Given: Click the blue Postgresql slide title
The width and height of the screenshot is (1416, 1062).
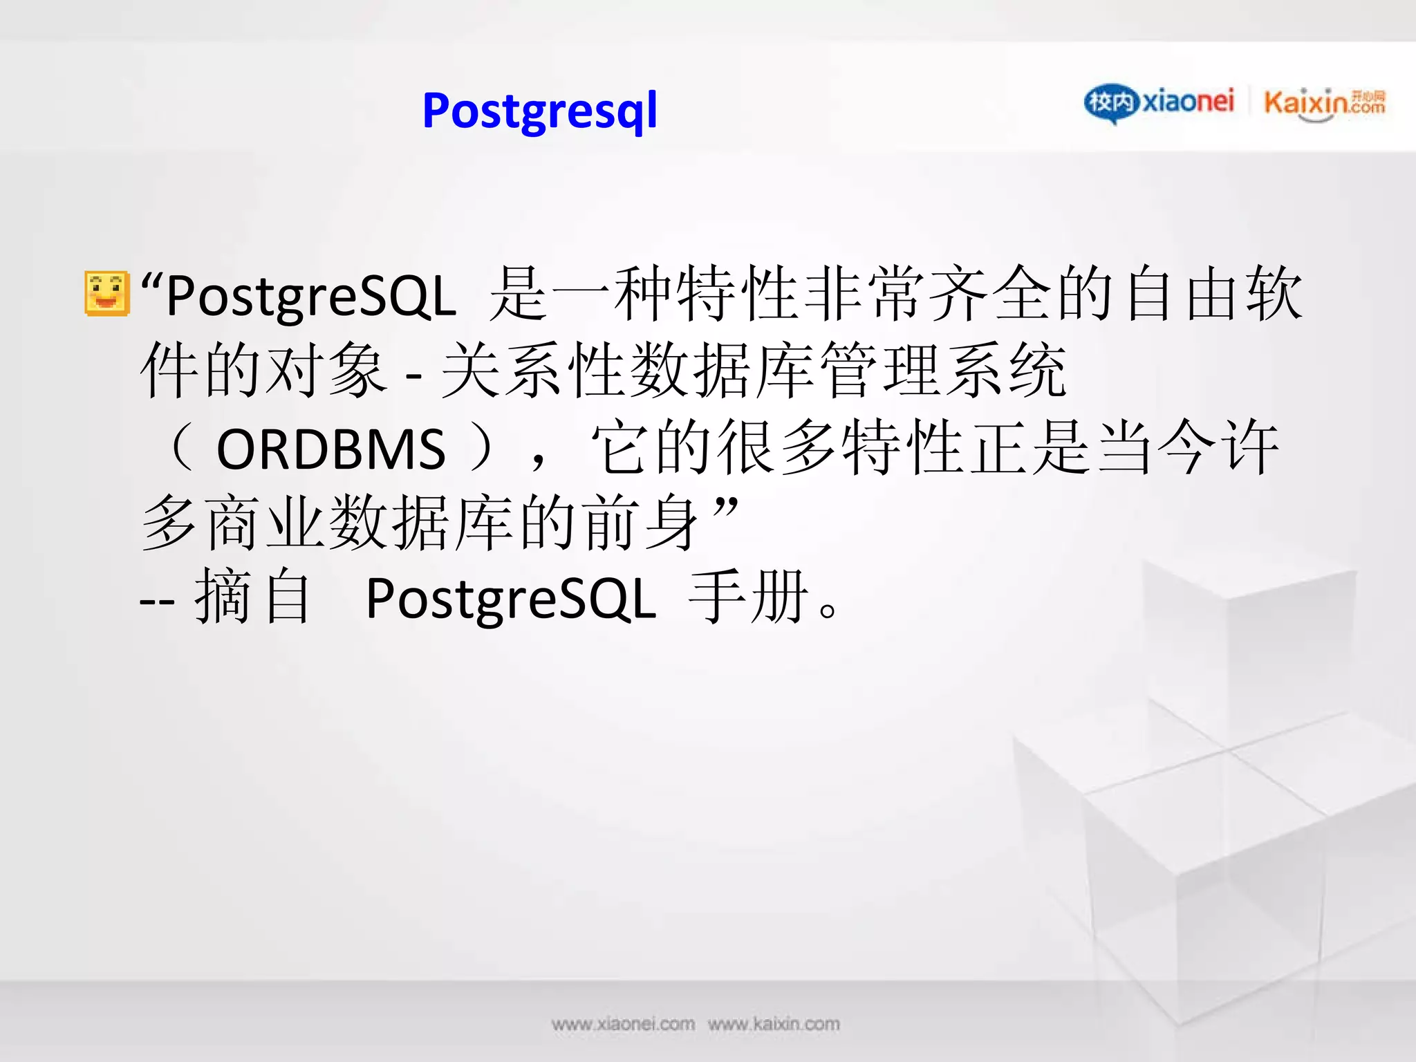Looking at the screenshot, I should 539,111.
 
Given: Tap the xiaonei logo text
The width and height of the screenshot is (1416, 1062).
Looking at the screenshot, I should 1187,102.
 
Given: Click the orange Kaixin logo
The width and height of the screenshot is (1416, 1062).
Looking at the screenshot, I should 1324,104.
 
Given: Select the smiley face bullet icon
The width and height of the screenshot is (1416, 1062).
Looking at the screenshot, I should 107,293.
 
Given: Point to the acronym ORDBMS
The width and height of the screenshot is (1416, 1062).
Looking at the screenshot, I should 330,449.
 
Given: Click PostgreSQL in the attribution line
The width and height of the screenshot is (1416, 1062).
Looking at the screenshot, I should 510,599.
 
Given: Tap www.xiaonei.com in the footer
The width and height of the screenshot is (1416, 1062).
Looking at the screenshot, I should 623,1024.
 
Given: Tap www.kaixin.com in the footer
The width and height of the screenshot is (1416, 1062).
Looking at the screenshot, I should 774,1024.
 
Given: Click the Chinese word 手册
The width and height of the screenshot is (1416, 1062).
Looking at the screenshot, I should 748,596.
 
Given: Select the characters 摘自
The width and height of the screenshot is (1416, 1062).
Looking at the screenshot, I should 252,596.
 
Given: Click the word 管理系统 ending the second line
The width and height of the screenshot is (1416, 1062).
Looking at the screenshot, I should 942,371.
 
